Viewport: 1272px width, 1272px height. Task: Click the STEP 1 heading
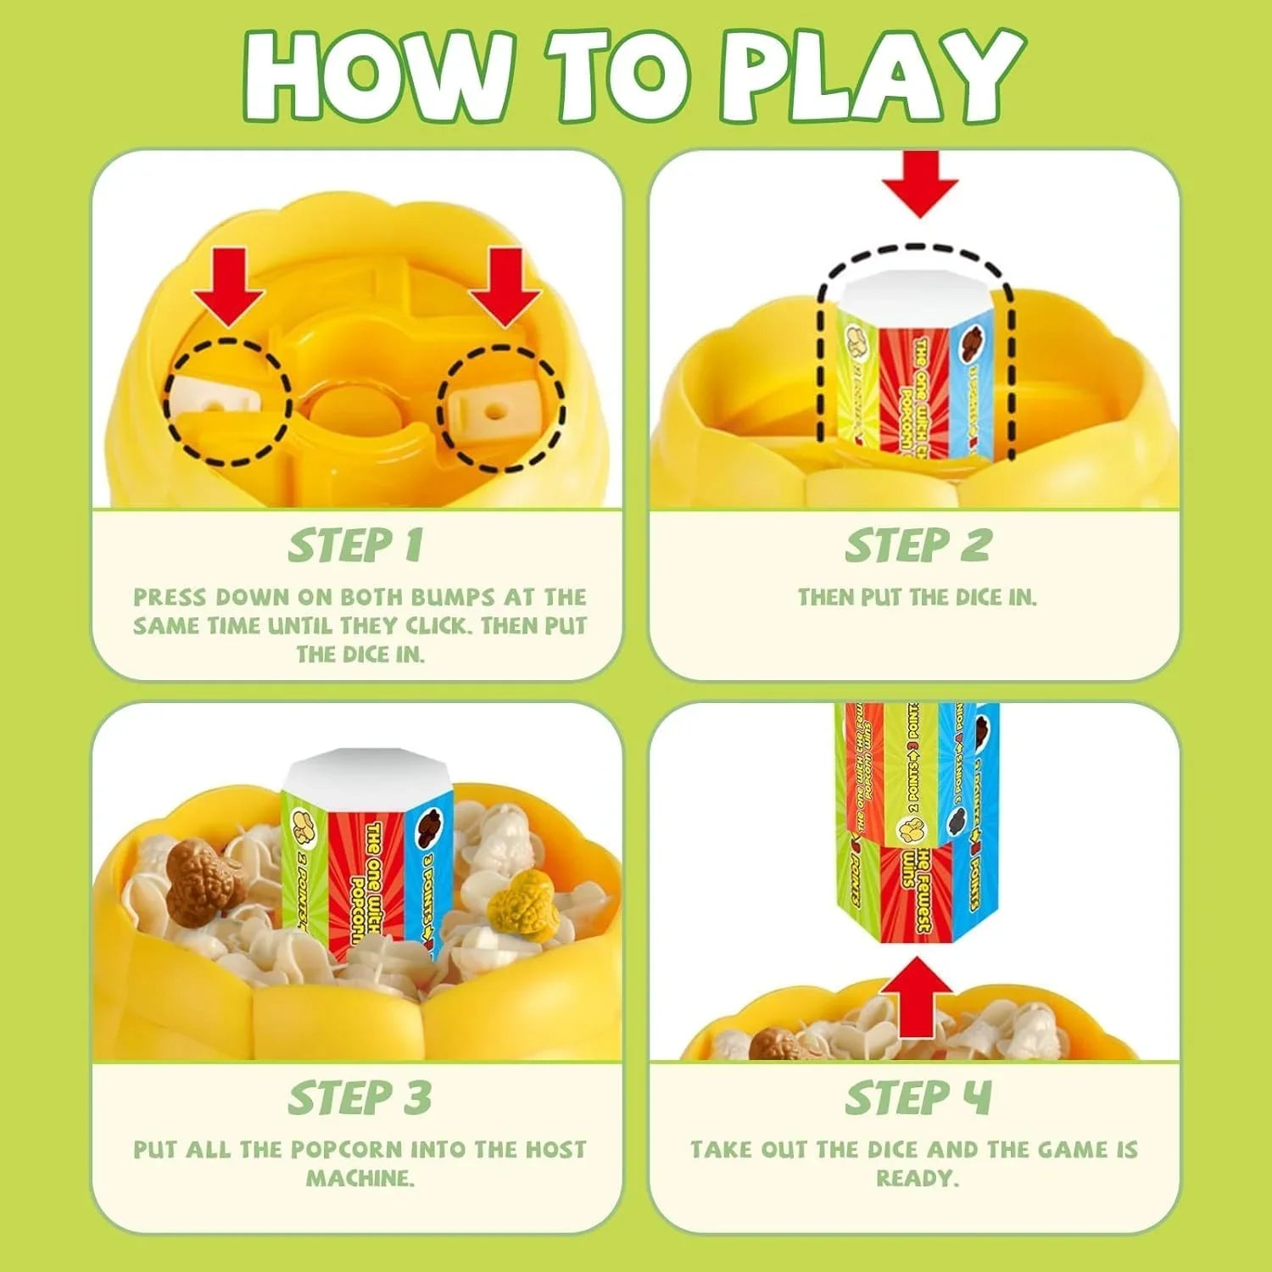[355, 545]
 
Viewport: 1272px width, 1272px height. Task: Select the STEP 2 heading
[918, 545]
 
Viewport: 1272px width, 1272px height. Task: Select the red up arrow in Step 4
[918, 997]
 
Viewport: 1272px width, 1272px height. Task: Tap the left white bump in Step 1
[212, 399]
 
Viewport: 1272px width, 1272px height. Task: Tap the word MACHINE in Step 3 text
[360, 1178]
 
